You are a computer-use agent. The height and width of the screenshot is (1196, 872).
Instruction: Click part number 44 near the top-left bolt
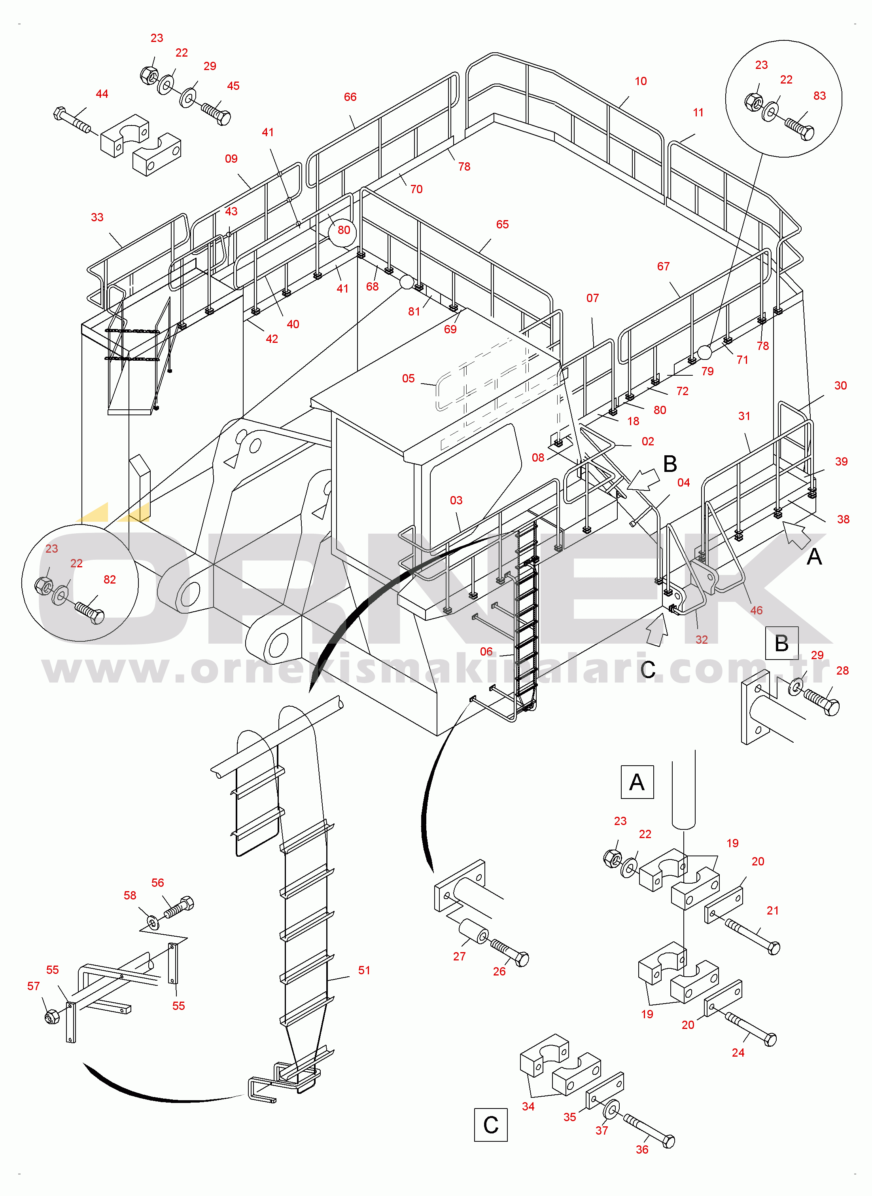click(102, 94)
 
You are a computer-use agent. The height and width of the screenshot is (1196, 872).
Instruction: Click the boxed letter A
click(637, 782)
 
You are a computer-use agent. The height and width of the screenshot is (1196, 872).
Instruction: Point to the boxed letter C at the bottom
click(491, 1125)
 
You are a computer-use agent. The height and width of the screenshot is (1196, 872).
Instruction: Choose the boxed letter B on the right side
click(782, 643)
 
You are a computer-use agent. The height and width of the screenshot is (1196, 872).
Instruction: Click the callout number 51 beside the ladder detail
click(364, 970)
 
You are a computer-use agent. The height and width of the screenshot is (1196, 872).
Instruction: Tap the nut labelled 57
click(52, 1016)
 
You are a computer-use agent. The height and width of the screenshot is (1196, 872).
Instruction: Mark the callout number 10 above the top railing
click(641, 81)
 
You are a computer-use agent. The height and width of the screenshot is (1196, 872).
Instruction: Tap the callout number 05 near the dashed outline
click(409, 378)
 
